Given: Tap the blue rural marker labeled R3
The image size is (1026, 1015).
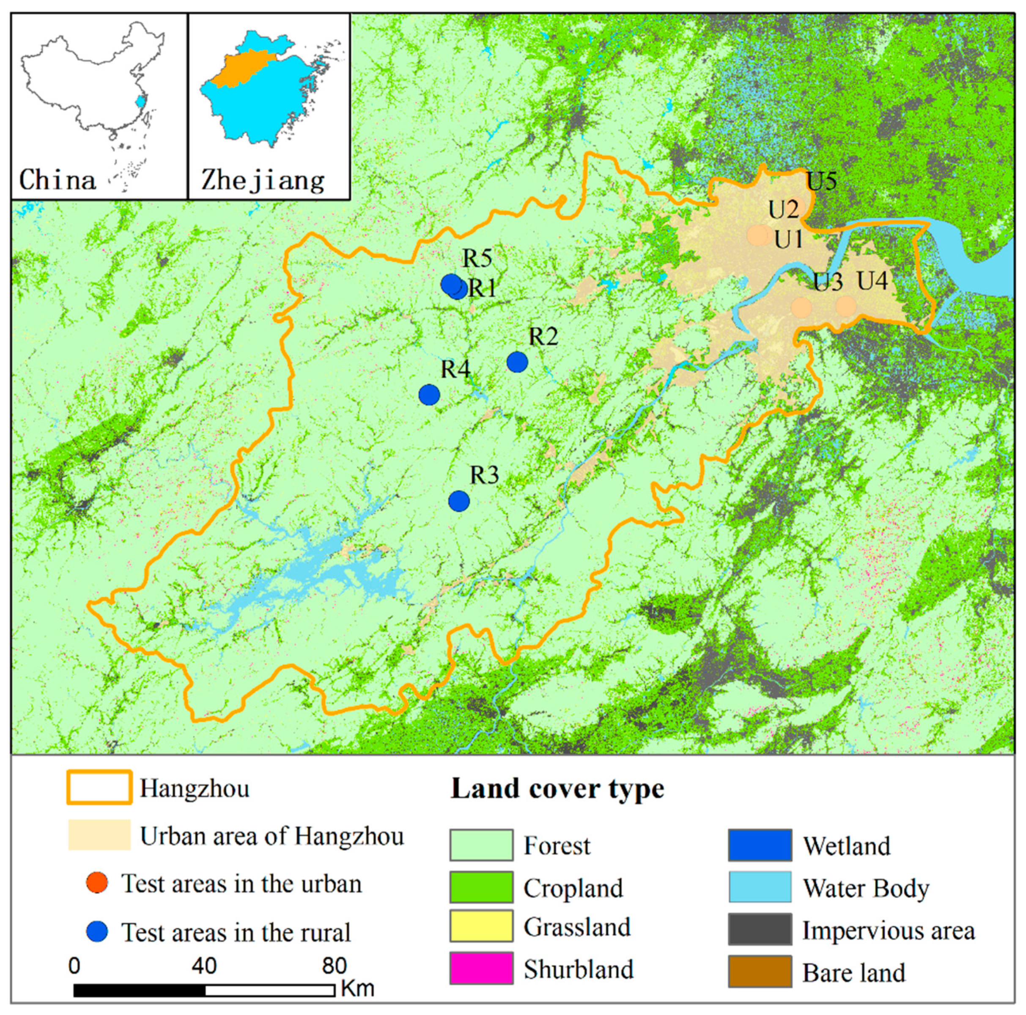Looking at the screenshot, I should coord(459,500).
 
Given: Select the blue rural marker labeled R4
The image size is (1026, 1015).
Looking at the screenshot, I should coord(429,395).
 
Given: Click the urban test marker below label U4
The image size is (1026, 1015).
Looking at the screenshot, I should coord(846,306).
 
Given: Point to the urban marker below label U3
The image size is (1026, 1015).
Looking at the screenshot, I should coord(801,307).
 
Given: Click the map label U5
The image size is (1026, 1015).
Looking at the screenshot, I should coord(822,181).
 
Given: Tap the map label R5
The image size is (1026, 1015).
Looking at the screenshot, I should coord(477,259).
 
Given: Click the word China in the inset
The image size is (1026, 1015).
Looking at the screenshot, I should coord(58,180).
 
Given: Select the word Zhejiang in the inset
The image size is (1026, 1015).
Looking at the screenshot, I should coord(263,181).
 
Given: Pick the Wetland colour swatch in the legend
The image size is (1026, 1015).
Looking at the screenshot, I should coord(760,845).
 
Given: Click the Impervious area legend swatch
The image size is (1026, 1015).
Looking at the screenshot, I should coord(760,930).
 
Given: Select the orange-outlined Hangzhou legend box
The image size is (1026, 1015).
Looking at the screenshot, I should coord(99,787).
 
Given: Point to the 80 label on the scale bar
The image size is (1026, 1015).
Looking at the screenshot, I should coord(334,966).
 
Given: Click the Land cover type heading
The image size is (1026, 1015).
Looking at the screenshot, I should coord(557,789).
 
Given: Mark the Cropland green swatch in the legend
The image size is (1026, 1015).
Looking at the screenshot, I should coord(481,887).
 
